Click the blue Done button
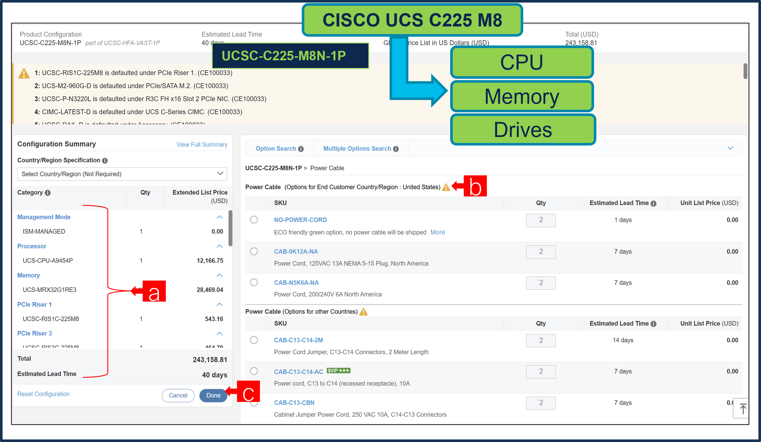point(213,395)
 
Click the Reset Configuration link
point(43,394)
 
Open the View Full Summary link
point(202,145)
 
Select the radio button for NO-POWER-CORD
point(254,219)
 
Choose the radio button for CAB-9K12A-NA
point(254,251)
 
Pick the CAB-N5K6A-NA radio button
point(254,282)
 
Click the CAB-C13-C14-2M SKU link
point(298,340)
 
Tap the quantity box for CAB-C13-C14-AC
point(540,371)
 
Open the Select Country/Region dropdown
point(122,174)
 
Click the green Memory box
point(522,97)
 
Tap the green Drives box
point(522,130)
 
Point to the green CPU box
point(522,63)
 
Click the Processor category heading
point(32,246)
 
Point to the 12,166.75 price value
point(210,261)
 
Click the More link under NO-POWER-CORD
point(437,232)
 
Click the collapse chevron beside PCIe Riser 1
point(220,304)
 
